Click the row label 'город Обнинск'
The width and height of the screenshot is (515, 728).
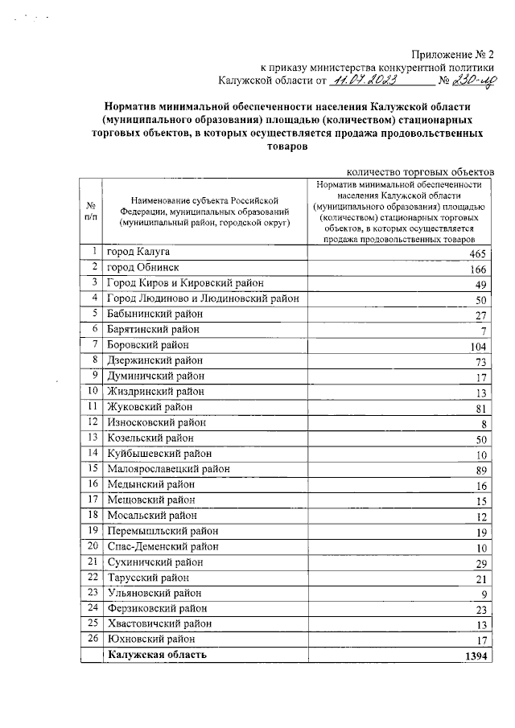144,267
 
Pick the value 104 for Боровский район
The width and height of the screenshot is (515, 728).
478,347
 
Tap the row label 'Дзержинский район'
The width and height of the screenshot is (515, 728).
155,360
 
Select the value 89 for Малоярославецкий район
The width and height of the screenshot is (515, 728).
480,471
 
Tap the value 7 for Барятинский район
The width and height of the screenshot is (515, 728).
483,331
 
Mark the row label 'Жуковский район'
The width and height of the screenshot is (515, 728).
150,407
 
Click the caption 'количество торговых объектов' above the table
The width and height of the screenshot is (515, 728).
419,171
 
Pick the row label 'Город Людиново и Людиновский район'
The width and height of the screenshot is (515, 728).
204,298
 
